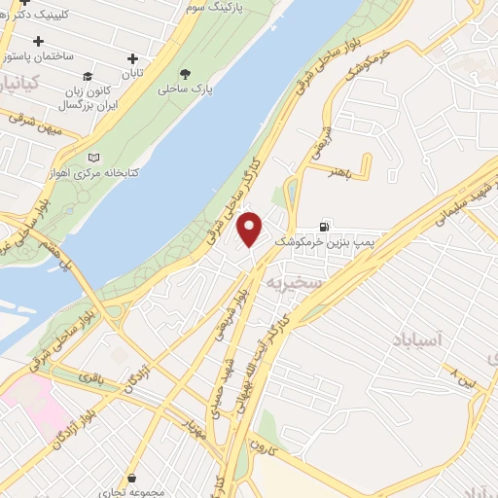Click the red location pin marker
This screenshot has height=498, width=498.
coord(250,230)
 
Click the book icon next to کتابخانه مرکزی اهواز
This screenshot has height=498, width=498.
coord(93,158)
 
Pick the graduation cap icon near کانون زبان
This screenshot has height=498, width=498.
coord(89,76)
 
